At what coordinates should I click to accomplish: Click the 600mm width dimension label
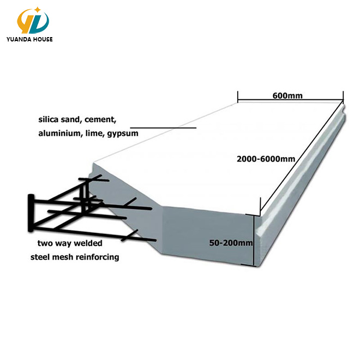(x=287, y=95)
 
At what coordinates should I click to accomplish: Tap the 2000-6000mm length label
(x=266, y=159)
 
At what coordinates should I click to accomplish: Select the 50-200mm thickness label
(x=231, y=243)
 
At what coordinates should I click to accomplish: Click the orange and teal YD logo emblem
(x=33, y=20)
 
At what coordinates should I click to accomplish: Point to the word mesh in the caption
(x=65, y=256)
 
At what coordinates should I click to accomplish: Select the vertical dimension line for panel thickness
(x=254, y=240)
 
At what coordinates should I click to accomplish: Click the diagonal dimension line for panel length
(x=301, y=158)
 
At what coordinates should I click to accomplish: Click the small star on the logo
(x=38, y=9)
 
